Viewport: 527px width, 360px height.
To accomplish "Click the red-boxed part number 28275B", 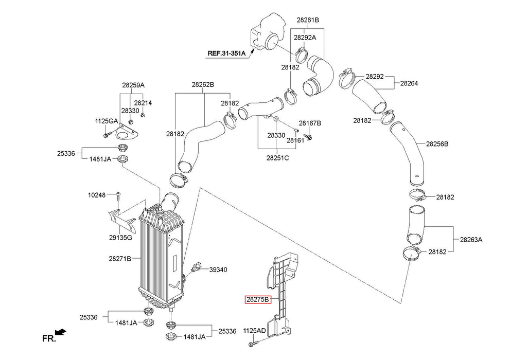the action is click(258, 299).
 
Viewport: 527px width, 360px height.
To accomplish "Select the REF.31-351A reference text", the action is click(226, 53).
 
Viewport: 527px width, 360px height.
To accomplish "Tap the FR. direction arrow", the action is click(61, 332).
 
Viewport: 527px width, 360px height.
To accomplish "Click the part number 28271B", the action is click(120, 259).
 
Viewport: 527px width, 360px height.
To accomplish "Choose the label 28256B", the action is click(437, 144).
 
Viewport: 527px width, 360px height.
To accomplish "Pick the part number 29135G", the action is click(120, 238).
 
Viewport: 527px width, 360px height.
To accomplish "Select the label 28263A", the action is click(471, 240).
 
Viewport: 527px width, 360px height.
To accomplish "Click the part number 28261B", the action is click(308, 20).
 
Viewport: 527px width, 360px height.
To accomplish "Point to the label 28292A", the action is click(305, 38).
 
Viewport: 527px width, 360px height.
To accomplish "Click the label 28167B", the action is click(310, 123).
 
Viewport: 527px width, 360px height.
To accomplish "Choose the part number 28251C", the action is click(277, 158).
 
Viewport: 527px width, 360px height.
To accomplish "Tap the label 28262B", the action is click(203, 85).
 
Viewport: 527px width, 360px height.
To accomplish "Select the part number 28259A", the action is click(133, 85).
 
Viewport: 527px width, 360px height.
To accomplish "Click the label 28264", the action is click(409, 83).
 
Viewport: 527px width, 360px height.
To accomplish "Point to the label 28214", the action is click(143, 103).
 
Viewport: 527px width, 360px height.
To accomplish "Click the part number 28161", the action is click(295, 140).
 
